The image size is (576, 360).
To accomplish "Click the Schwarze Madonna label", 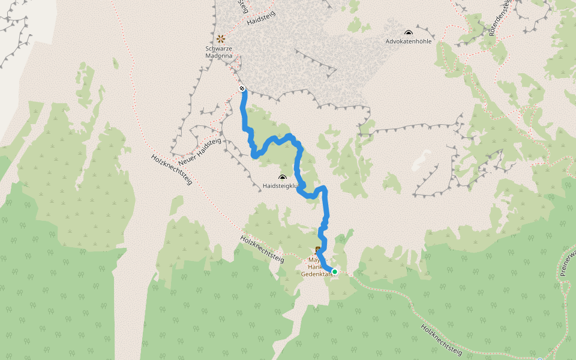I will pyautogui.click(x=218, y=52).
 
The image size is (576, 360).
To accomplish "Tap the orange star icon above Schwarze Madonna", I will pyautogui.click(x=220, y=38).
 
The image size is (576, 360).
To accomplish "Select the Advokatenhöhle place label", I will pyautogui.click(x=409, y=42).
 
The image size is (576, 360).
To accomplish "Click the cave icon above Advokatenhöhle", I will pyautogui.click(x=409, y=33).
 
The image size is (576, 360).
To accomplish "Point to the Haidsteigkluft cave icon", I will pyautogui.click(x=283, y=178).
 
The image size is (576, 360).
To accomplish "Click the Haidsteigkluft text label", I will pyautogui.click(x=281, y=187).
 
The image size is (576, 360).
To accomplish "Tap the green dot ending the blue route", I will pyautogui.click(x=335, y=272).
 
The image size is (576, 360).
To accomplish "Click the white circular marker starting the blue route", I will pyautogui.click(x=242, y=89).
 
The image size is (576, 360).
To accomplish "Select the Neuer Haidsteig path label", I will pyautogui.click(x=200, y=153).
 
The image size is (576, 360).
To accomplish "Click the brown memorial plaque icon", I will pyautogui.click(x=317, y=250).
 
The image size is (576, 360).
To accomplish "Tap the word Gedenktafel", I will pyautogui.click(x=316, y=274).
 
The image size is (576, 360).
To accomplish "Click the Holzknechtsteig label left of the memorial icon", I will pyautogui.click(x=262, y=248).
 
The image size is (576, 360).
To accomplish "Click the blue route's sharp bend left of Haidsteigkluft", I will pyautogui.click(x=254, y=155).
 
